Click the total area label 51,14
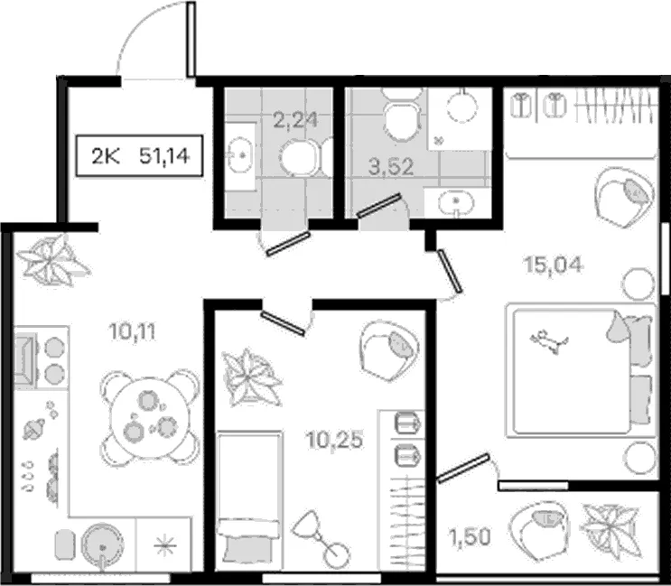pyautogui.click(x=164, y=156)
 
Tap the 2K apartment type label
pyautogui.click(x=106, y=156)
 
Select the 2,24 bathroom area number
pyautogui.click(x=295, y=120)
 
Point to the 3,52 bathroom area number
pyautogui.click(x=391, y=166)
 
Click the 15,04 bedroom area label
pyautogui.click(x=553, y=265)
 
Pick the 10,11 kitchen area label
pyautogui.click(x=132, y=331)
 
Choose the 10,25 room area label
pyautogui.click(x=335, y=440)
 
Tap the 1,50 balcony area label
pyautogui.click(x=470, y=537)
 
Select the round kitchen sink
pyautogui.click(x=102, y=544)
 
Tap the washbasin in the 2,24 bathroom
pyautogui.click(x=240, y=154)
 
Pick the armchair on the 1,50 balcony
pyautogui.click(x=539, y=530)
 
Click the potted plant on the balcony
pyautogui.click(x=610, y=531)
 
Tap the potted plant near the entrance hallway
pyautogui.click(x=52, y=261)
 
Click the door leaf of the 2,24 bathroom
pyautogui.click(x=287, y=244)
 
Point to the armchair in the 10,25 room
pyautogui.click(x=389, y=350)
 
